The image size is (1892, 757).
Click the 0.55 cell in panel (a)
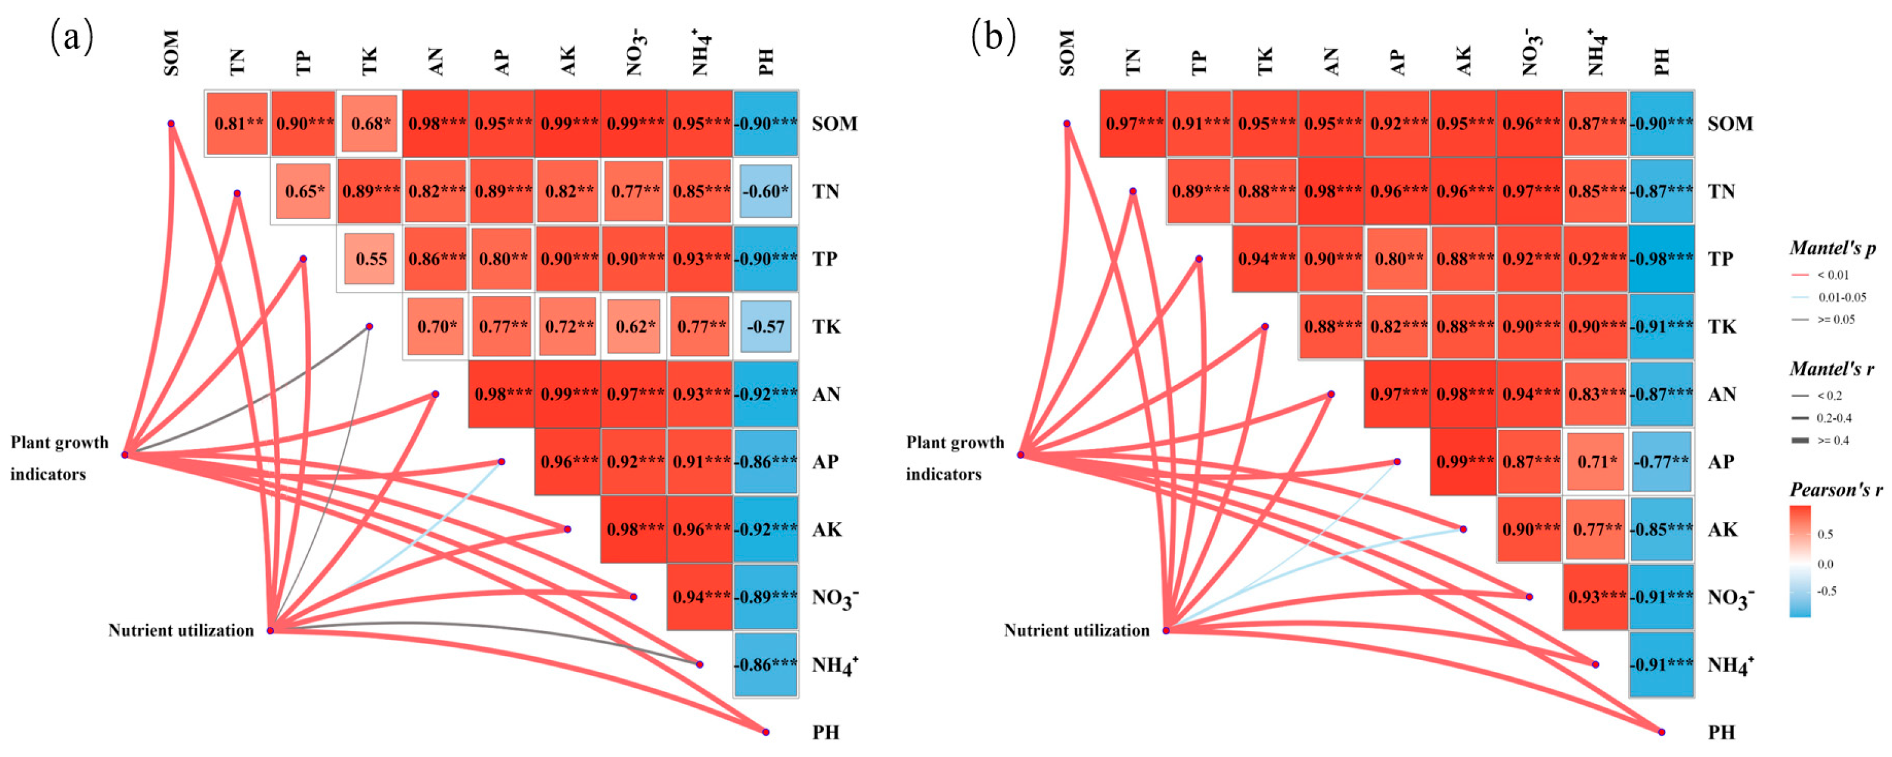(370, 259)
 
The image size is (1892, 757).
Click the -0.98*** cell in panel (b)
(1661, 259)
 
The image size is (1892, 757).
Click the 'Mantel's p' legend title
(1832, 248)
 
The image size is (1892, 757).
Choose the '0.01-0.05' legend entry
(1841, 297)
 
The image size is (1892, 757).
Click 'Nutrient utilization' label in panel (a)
(181, 630)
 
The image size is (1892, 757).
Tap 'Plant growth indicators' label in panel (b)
(954, 458)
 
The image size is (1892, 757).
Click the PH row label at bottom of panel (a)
(826, 732)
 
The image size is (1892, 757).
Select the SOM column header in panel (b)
(1067, 53)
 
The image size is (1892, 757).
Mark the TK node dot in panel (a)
(370, 327)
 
